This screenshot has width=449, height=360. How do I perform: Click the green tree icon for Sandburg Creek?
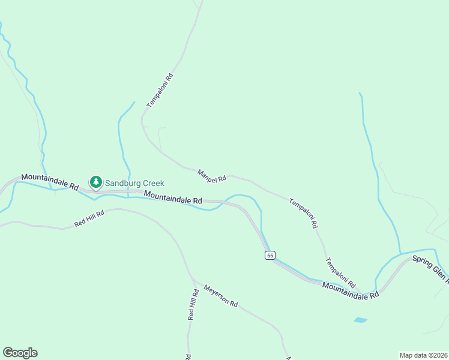click(95, 181)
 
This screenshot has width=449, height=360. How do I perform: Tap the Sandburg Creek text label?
click(134, 183)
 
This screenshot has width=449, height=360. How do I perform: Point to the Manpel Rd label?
click(212, 175)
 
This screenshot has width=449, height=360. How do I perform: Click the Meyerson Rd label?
click(220, 296)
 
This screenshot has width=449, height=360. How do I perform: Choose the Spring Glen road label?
click(430, 268)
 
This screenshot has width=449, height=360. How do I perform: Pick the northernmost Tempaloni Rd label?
click(160, 91)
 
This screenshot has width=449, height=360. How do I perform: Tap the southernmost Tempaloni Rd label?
click(340, 272)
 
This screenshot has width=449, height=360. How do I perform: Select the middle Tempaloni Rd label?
click(303, 214)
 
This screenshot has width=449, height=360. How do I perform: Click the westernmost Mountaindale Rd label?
click(50, 182)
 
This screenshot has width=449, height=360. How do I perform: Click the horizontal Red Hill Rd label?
click(89, 218)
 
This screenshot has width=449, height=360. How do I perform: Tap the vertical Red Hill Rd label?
click(193, 304)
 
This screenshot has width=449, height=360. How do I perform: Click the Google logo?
click(20, 353)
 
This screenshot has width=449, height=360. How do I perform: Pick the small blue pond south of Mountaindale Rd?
click(360, 320)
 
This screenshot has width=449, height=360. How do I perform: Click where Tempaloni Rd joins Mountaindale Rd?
click(360, 292)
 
